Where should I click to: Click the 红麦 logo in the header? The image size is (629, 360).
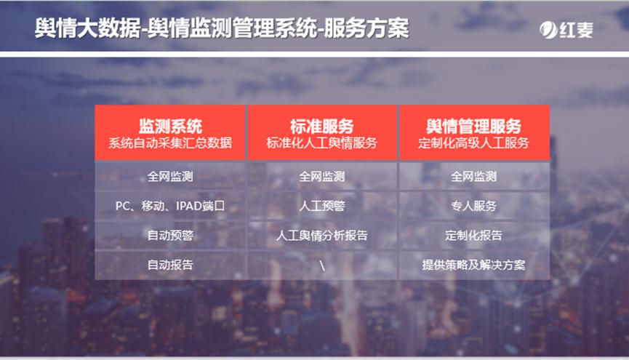tap(566, 30)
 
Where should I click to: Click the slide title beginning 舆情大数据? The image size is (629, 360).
tap(222, 28)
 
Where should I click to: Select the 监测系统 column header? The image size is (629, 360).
tap(170, 125)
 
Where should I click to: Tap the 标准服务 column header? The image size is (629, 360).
tap(322, 125)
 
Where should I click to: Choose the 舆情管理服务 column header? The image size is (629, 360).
tap(473, 125)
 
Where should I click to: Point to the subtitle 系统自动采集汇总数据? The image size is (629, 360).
tap(170, 143)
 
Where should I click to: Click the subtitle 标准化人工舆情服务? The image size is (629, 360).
tap(322, 143)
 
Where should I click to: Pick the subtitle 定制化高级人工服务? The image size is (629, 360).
tap(473, 143)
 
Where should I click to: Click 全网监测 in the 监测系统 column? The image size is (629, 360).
tap(170, 176)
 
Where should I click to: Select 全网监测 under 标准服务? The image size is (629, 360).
tap(322, 176)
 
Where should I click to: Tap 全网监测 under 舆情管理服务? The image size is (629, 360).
tap(473, 176)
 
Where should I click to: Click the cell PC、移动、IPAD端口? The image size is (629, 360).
tap(170, 206)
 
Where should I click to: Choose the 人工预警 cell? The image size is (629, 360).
tap(322, 206)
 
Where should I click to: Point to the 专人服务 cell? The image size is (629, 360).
tap(473, 206)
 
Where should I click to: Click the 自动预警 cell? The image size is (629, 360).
tap(170, 236)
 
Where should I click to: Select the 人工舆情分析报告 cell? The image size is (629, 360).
tap(322, 236)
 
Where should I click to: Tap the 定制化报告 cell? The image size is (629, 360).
tap(473, 236)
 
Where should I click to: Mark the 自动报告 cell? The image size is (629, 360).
tap(170, 265)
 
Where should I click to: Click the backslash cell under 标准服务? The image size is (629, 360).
tap(322, 265)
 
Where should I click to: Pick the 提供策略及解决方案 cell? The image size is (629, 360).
tap(473, 265)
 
